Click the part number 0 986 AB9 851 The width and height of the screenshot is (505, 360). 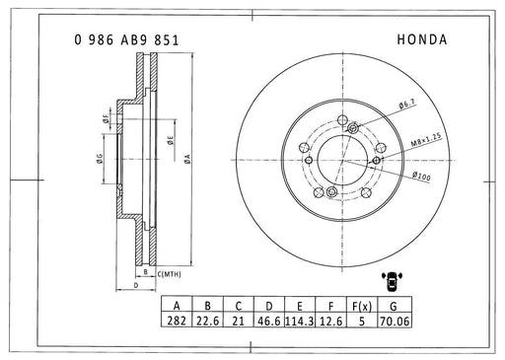point(126,40)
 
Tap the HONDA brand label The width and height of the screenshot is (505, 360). point(422,39)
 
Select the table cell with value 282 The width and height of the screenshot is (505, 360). point(177,321)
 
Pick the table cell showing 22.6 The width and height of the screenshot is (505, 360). point(207,321)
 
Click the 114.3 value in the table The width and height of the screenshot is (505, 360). point(300,321)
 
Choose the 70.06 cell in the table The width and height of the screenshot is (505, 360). point(395,321)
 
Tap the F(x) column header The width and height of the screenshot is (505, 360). point(362,306)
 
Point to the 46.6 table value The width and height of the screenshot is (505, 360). point(269,321)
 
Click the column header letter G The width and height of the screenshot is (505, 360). point(394,306)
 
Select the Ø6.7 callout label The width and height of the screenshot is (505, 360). point(406,105)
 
